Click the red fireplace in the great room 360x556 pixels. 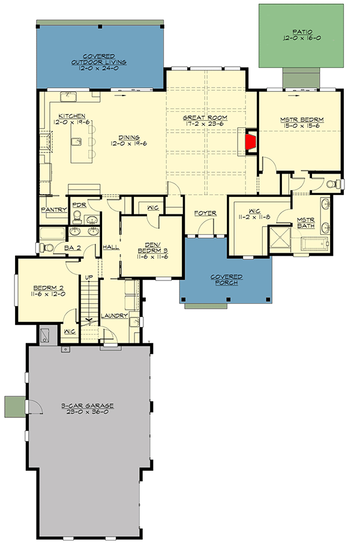(252, 142)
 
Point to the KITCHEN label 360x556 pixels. (71, 115)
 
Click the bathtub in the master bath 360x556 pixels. (314, 244)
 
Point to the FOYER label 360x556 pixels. (205, 213)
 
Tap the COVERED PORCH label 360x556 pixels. (226, 277)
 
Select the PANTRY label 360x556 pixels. (53, 210)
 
